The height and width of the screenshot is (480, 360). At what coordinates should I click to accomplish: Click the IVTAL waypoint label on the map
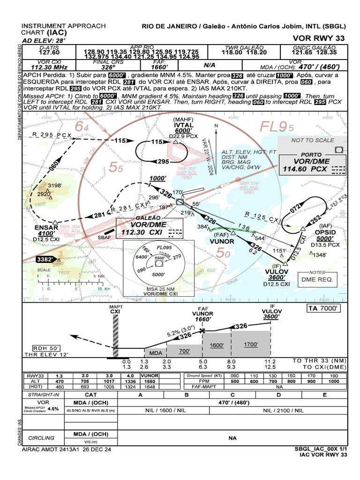[x=184, y=126]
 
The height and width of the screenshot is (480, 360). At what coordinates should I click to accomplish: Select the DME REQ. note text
[x=317, y=279]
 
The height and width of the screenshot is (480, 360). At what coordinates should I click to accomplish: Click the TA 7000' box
[x=324, y=308]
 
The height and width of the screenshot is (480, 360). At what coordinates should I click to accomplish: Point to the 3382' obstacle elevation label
[x=45, y=258]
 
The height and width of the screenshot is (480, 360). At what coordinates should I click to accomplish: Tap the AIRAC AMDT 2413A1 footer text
[x=67, y=450]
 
